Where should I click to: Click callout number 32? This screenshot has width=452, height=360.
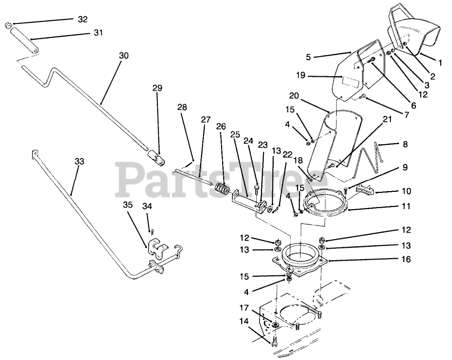[83, 19]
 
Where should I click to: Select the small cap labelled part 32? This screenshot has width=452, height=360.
[8, 25]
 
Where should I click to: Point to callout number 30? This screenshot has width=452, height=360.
[124, 56]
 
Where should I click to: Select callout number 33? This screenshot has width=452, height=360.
[79, 161]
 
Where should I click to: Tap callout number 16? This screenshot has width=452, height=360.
[406, 259]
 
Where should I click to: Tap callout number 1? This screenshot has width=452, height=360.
[440, 63]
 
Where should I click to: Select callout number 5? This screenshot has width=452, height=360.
[309, 57]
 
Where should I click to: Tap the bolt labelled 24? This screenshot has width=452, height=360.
[257, 187]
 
